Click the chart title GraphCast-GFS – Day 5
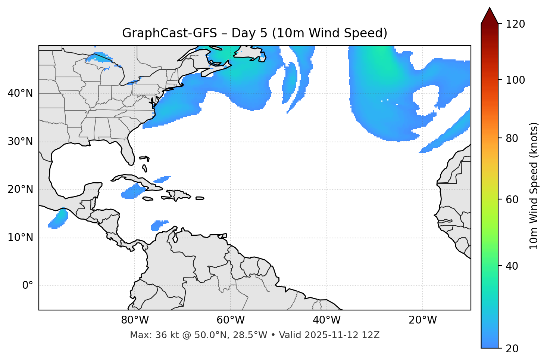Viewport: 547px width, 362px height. click(254, 33)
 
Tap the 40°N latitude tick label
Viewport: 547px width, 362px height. click(20, 93)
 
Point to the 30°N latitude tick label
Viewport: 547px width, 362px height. click(20, 142)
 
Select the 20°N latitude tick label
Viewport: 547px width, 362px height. click(20, 189)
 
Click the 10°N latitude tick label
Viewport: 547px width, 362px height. click(20, 238)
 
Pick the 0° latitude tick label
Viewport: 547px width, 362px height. click(28, 286)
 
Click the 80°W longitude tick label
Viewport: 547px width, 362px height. click(135, 320)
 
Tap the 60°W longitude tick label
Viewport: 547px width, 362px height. click(231, 320)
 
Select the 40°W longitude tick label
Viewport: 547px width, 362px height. click(326, 320)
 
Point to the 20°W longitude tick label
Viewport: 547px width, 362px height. click(422, 320)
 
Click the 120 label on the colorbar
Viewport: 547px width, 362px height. click(515, 24)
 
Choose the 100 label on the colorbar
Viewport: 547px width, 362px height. click(515, 80)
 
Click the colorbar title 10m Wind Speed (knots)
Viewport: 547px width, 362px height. click(534, 186)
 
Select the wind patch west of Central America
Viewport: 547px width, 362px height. click(59, 220)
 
